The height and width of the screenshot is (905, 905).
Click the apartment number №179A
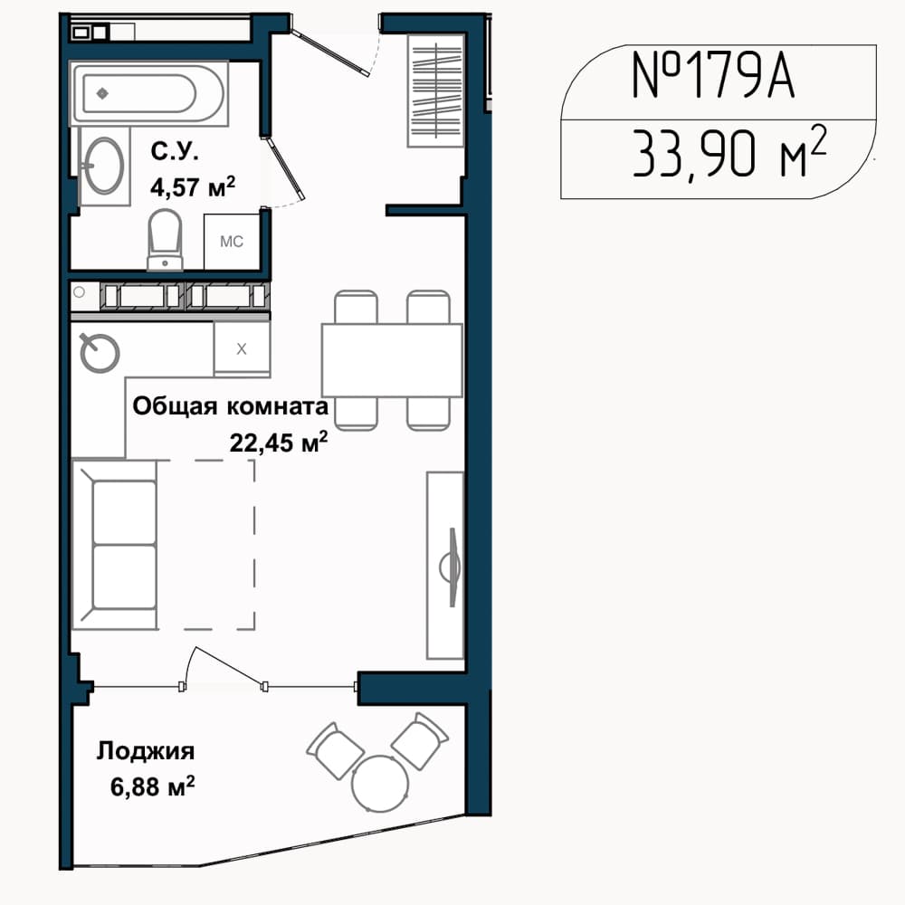pos(713,76)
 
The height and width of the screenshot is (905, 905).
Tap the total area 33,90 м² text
pos(729,152)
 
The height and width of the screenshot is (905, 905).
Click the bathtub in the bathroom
pos(149,93)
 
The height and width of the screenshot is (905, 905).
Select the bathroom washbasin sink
pos(104,167)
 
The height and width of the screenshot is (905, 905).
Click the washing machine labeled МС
pos(232,242)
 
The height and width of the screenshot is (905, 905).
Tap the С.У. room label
pos(175,151)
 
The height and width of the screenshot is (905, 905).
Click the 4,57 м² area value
pos(193,186)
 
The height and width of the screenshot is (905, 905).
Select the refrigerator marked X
pos(242,348)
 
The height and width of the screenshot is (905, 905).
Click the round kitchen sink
pos(100,352)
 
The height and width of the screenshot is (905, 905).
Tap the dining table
pos(392,360)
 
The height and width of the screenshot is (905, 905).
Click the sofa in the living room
pos(114,544)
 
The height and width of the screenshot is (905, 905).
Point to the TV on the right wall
pos(453,567)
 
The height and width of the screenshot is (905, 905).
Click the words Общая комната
pos(230,406)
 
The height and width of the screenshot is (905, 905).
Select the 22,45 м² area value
pos(279,443)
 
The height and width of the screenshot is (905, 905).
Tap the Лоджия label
pos(146,751)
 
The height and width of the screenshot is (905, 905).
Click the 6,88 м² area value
pos(152,786)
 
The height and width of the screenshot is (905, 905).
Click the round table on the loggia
pos(380,783)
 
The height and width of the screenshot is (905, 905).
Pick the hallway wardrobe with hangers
pos(436,90)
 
